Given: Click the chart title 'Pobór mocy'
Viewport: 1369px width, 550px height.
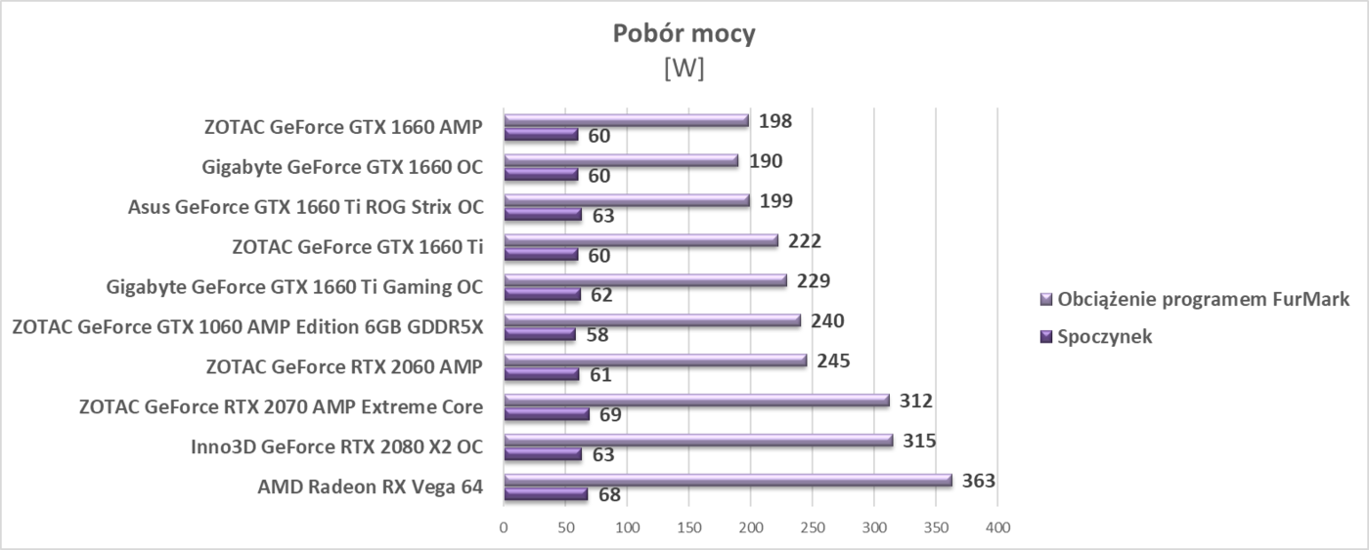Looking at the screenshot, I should click(x=684, y=34).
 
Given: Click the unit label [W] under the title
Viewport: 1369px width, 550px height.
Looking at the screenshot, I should click(x=684, y=70).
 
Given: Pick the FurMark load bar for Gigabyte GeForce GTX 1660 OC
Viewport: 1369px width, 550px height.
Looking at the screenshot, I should click(x=620, y=160).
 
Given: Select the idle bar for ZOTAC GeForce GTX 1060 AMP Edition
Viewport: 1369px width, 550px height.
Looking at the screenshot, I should click(x=539, y=334).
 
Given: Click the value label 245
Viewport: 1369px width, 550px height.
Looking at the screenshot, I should click(x=833, y=360).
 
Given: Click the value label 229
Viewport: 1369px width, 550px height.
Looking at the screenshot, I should click(x=814, y=281).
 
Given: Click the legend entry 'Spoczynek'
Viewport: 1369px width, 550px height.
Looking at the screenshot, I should click(x=1104, y=336).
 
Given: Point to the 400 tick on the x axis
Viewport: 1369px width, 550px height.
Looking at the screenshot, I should click(x=996, y=528).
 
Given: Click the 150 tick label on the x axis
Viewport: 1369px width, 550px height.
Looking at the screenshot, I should click(x=688, y=528).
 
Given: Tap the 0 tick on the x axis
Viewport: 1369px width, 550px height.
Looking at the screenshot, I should click(x=504, y=528).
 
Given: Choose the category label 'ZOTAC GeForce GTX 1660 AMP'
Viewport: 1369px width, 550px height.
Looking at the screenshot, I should click(x=343, y=127).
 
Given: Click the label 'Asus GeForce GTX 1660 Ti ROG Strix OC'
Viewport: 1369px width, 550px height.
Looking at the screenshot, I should click(x=305, y=207).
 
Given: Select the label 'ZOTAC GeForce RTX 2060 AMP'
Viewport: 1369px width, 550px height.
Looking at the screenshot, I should click(x=344, y=367).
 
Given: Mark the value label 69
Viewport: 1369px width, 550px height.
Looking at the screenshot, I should click(x=610, y=415).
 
